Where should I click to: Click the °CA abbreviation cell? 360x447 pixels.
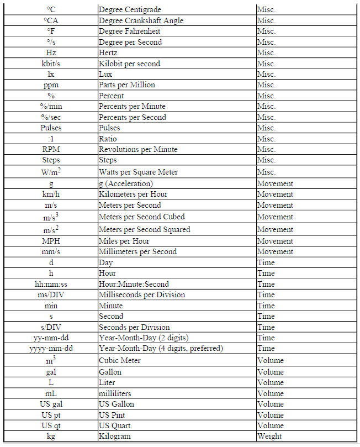(x=51, y=20)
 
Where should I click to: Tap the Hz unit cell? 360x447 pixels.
(x=51, y=53)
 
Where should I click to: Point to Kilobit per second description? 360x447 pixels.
(x=129, y=64)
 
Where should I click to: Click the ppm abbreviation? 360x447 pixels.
(x=51, y=85)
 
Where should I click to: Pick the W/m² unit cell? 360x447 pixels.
(x=51, y=172)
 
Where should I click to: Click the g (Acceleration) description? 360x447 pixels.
(x=125, y=183)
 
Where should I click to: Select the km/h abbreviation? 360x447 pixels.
(x=51, y=194)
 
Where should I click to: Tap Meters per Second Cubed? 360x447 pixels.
(x=141, y=217)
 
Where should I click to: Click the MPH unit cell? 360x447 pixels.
(x=51, y=241)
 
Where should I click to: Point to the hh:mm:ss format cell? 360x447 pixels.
(x=51, y=284)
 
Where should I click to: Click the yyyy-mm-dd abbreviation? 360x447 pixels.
(x=51, y=349)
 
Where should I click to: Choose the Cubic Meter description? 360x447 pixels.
(x=119, y=360)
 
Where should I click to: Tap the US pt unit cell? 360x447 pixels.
(x=51, y=415)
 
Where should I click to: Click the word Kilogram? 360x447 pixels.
(x=115, y=437)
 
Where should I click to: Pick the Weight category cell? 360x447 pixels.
(x=269, y=437)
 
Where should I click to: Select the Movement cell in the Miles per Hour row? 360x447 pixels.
(x=275, y=241)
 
